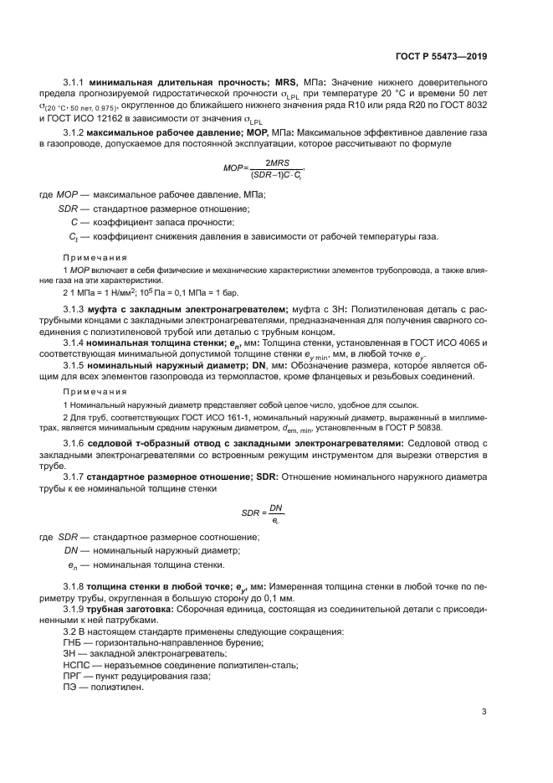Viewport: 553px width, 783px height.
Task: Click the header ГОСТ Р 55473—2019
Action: (440, 55)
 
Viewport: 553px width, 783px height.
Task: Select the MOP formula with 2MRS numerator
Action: (266, 168)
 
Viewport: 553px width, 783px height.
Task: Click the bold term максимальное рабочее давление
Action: (167, 132)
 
